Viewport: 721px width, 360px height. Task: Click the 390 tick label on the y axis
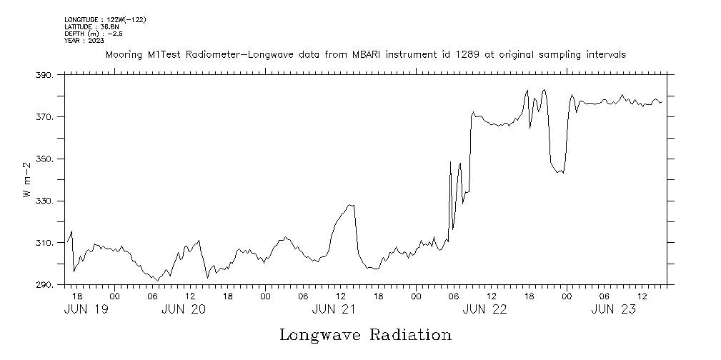(44, 75)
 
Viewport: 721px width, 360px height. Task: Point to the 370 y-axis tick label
(44, 117)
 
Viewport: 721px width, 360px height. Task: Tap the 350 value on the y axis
(44, 159)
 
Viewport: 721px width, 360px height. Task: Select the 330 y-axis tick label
(44, 201)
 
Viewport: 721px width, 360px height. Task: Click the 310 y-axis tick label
(44, 244)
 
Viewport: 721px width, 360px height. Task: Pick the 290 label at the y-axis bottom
(44, 286)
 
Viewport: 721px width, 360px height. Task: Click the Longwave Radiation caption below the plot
(365, 335)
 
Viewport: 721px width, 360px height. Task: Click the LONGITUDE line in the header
(105, 20)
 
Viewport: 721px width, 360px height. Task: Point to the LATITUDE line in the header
(92, 26)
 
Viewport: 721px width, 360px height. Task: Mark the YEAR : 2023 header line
(84, 41)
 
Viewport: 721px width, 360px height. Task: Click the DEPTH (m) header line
(94, 34)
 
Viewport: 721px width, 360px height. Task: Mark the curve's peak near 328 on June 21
(349, 205)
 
